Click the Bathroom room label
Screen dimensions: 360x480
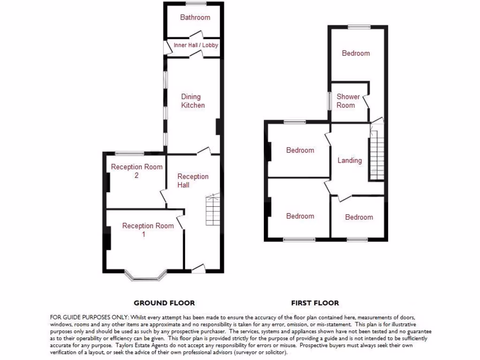[x=195, y=17]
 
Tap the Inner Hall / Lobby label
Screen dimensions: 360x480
[x=195, y=45]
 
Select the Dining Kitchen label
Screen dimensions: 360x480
[x=193, y=101]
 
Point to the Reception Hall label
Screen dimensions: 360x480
[x=193, y=180]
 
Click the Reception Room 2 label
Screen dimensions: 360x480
[x=136, y=171]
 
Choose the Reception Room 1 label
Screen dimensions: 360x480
[x=148, y=230]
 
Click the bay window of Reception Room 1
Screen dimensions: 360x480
[x=149, y=277]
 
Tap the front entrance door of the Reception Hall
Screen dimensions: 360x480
[x=198, y=269]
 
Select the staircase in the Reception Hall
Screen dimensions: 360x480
[x=213, y=210]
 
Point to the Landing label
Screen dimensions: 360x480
[x=350, y=160]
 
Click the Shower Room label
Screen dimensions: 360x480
[x=348, y=101]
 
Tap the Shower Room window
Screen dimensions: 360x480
[x=329, y=100]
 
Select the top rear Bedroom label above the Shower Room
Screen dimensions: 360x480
[x=355, y=53]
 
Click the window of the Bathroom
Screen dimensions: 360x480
[x=195, y=3]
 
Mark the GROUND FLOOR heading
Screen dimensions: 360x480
[x=164, y=303]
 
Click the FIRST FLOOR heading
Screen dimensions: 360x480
[x=315, y=303]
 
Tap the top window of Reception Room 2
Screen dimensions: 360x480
[x=130, y=153]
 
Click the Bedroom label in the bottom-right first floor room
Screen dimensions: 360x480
[x=359, y=217]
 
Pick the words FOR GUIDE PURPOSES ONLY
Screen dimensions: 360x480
[x=86, y=317]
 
